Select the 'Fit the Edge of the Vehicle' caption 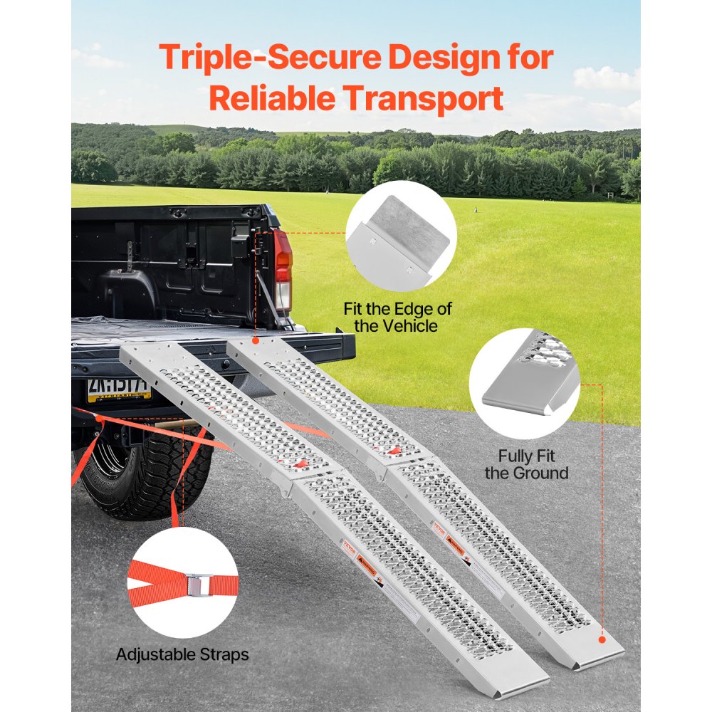click(x=397, y=318)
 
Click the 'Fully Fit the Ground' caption click(x=526, y=464)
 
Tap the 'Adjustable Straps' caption click(x=182, y=654)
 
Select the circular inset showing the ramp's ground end click(x=524, y=382)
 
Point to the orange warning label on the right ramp click(x=455, y=544)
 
